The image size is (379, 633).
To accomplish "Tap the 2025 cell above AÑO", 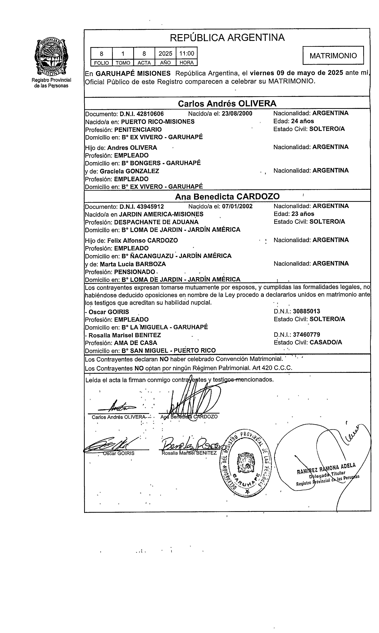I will point(165,53).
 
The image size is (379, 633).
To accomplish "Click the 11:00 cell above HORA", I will point(187,53).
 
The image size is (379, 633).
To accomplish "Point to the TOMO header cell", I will point(123,63).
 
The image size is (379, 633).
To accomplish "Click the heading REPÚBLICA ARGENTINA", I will point(227,38).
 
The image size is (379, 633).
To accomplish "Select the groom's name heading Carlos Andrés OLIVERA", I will point(227,103).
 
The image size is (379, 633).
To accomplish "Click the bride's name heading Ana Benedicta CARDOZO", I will point(227,196).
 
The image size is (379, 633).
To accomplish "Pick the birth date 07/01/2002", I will point(237,206).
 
